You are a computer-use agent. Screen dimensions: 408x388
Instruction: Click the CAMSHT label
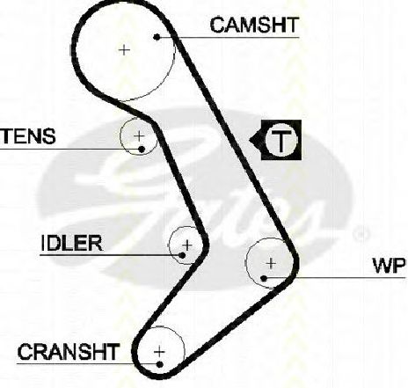[254, 25]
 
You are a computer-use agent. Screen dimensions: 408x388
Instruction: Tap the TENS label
[27, 136]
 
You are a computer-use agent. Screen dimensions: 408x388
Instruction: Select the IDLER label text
[71, 243]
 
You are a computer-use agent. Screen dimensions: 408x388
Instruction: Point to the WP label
[389, 266]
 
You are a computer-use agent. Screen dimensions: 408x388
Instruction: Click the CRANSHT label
[69, 352]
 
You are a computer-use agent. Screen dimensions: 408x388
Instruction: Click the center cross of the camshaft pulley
[124, 50]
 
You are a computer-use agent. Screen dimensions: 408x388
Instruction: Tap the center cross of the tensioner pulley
[139, 136]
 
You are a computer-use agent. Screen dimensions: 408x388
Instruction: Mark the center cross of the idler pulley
[187, 245]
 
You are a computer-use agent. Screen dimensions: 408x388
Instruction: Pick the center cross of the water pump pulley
[271, 263]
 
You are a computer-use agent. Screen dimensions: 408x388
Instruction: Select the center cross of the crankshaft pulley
[159, 352]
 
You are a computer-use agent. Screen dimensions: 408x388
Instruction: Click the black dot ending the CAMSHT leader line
[157, 37]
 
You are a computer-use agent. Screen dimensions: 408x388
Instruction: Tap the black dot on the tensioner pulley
[142, 150]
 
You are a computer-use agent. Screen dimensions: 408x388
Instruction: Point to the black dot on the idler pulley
[182, 255]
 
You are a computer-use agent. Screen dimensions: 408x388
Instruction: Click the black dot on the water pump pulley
[264, 278]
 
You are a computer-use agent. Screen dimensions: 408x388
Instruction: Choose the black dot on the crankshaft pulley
[160, 364]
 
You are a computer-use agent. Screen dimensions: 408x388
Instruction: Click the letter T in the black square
[281, 140]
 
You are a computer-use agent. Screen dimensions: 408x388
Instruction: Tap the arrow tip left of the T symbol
[249, 140]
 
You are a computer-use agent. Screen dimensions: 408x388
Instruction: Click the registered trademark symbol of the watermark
[361, 234]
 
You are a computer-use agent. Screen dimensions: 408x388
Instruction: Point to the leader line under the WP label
[335, 278]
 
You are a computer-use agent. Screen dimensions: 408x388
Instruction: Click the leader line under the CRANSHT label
[88, 364]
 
